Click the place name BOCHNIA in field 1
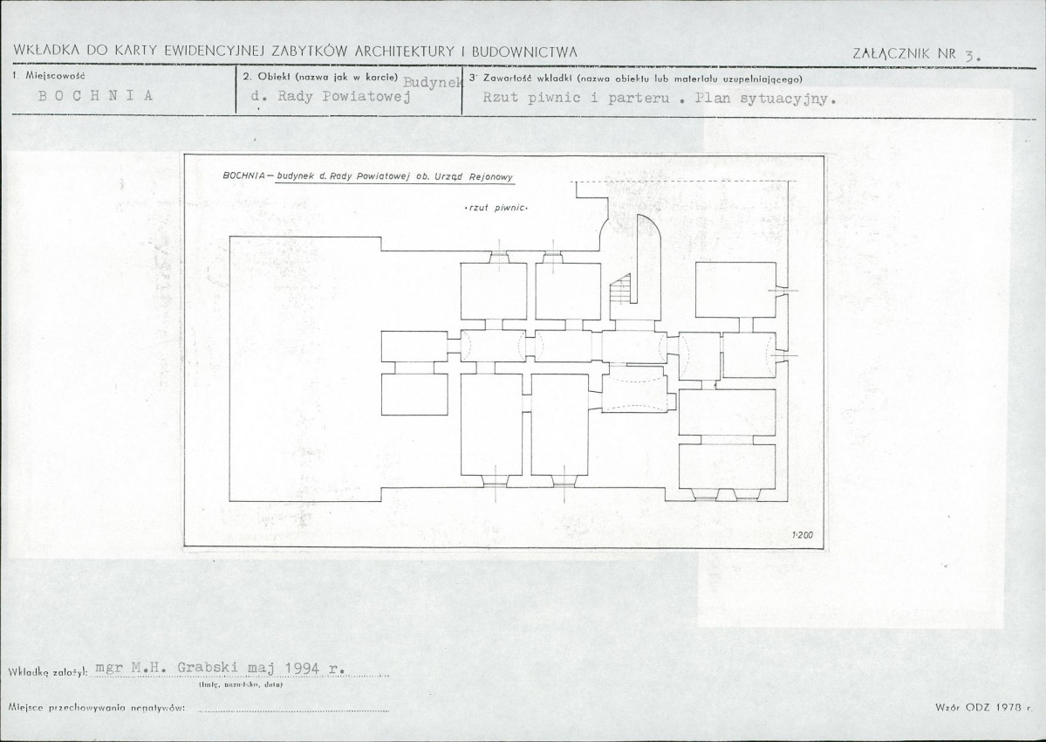[x=95, y=95]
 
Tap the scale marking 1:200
[x=803, y=534]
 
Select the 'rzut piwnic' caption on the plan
[x=496, y=208]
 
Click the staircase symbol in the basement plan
[x=620, y=291]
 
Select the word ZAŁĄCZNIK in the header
[x=892, y=54]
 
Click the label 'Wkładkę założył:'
[x=49, y=672]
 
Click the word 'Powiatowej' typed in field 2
[x=366, y=96]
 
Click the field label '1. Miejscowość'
[x=49, y=76]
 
